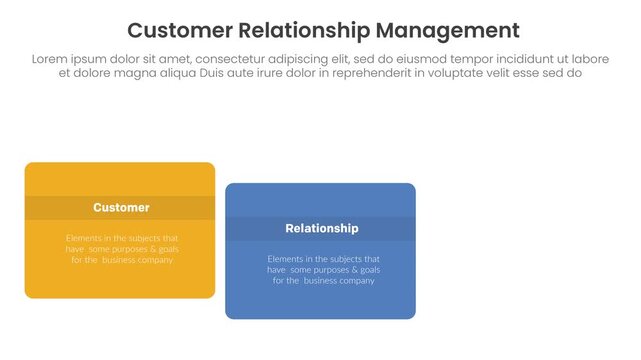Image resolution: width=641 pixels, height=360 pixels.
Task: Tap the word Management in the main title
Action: pos(437,29)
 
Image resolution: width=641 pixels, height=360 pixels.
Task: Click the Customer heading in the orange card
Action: pos(121,208)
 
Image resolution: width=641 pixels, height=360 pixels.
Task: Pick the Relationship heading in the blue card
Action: pos(321,229)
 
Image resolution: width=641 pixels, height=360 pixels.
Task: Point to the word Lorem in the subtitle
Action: pos(51,59)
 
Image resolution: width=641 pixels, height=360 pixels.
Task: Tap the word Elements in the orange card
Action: pos(86,238)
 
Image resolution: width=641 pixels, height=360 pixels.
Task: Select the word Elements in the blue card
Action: pos(287,259)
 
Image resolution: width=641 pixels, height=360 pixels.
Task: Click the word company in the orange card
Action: pos(154,260)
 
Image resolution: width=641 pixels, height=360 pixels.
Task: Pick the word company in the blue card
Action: pos(355,281)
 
